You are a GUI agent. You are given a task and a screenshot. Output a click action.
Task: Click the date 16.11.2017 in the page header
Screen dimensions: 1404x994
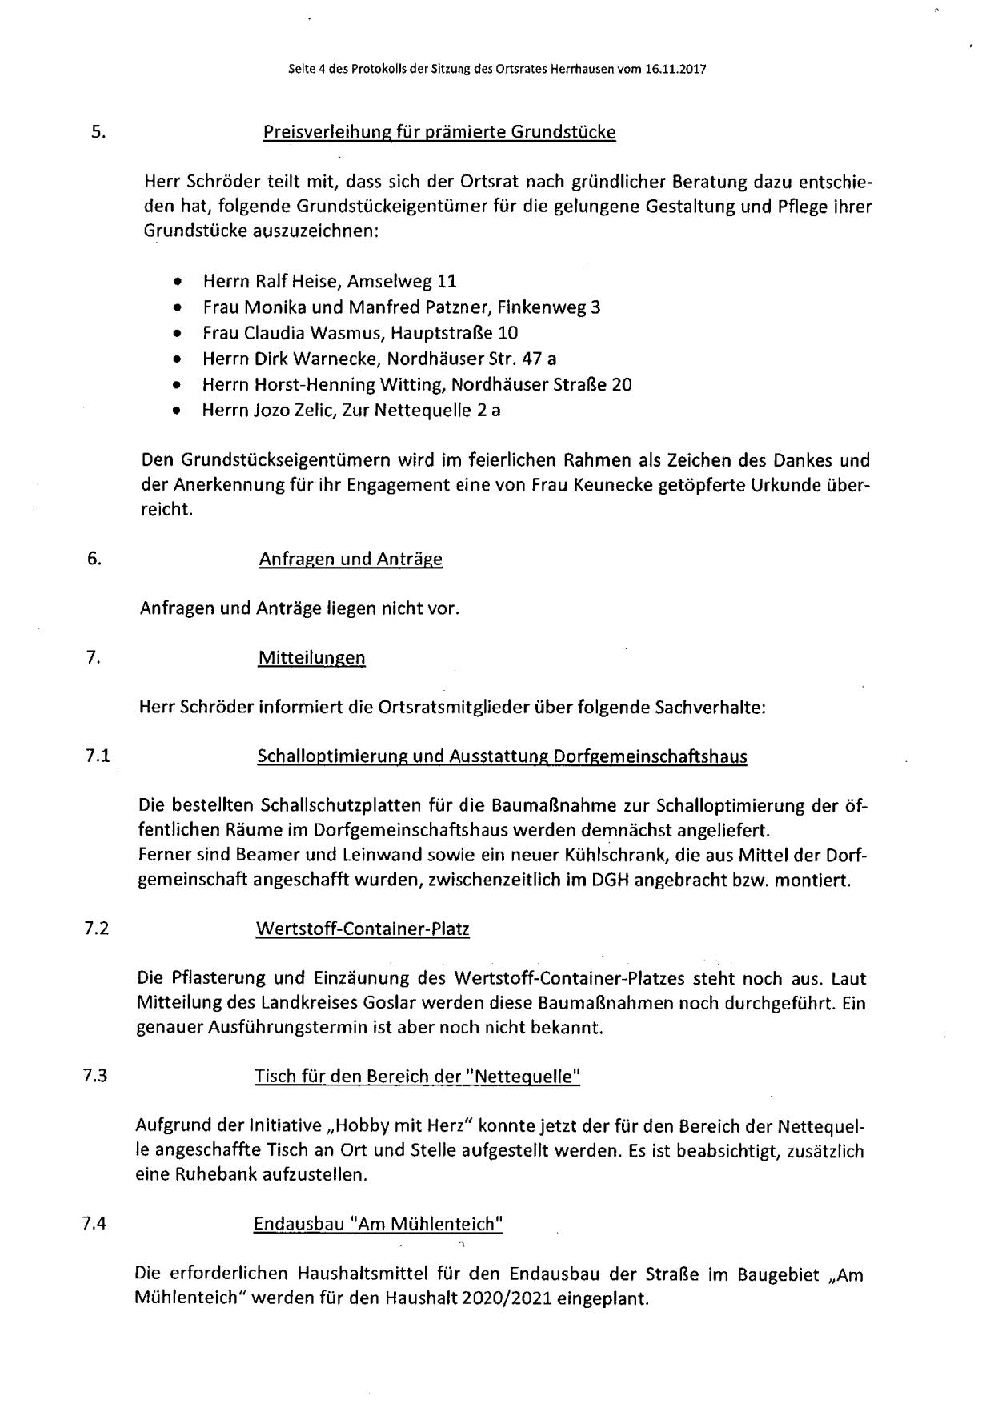click(x=675, y=70)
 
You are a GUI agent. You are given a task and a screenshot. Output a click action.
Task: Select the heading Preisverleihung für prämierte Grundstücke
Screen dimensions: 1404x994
click(x=439, y=132)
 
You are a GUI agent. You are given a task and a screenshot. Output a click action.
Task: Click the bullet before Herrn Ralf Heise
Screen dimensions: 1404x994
click(x=177, y=282)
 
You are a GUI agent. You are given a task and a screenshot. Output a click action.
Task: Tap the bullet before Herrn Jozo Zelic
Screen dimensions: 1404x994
click(x=177, y=411)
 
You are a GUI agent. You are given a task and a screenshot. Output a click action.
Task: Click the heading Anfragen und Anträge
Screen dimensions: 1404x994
click(x=350, y=559)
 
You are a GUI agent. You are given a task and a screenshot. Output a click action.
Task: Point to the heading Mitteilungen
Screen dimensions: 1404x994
click(x=311, y=658)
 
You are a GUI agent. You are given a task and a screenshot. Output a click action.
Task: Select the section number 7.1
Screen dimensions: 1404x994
click(x=98, y=756)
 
